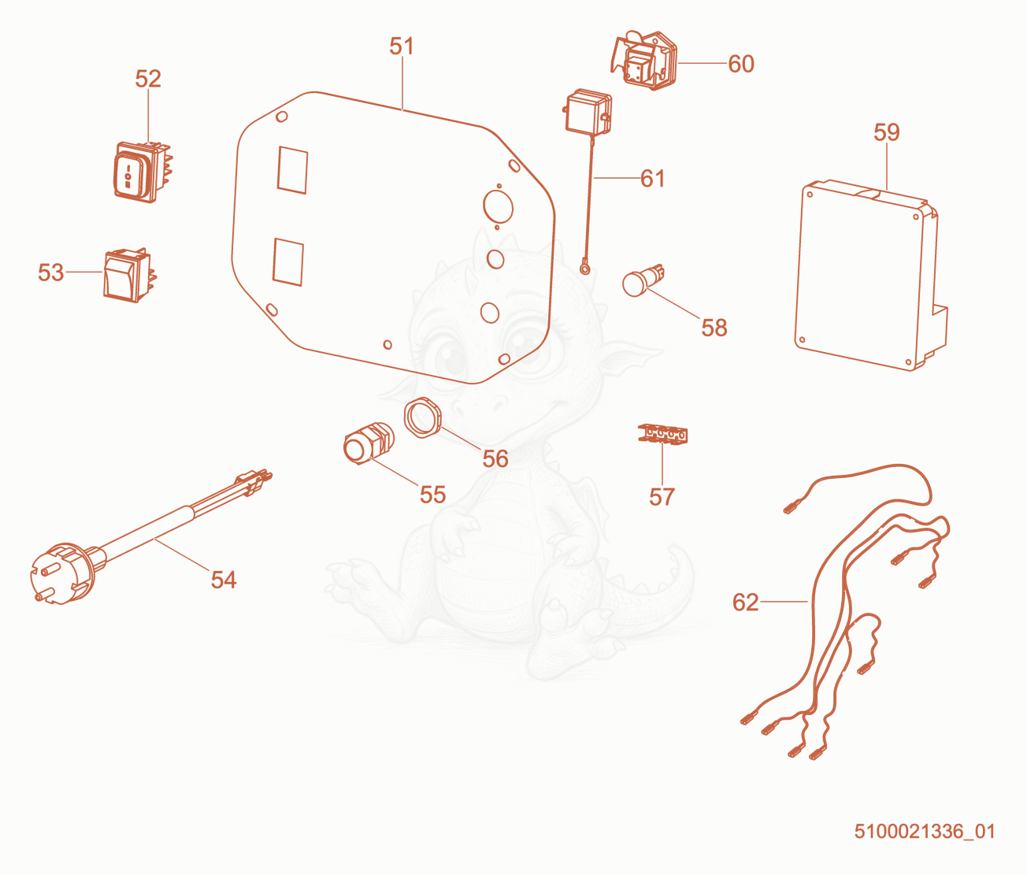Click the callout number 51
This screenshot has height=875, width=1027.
pos(402,46)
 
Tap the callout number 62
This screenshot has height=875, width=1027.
pos(745,602)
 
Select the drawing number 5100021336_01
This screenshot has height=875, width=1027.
pos(925,831)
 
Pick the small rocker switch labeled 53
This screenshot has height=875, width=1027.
pos(128,276)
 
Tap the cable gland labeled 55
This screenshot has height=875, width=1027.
pos(368,443)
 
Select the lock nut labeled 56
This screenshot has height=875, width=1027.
pos(423,417)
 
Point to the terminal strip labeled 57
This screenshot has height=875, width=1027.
pos(663,433)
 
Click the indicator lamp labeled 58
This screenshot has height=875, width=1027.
pos(643,280)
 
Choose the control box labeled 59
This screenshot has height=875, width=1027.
pos(871,276)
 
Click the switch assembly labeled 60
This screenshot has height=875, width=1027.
pos(643,61)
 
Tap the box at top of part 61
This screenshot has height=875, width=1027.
pos(588,113)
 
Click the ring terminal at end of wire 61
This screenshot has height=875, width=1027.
pos(586,269)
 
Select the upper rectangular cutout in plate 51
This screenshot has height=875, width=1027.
pos(292,170)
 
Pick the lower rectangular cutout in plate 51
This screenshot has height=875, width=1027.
pos(287,261)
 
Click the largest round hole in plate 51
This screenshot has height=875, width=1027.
pos(498,206)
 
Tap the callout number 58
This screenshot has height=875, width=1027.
pos(714,328)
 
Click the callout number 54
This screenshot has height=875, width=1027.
pos(224,580)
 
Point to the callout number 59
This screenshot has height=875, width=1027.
pos(886,132)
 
